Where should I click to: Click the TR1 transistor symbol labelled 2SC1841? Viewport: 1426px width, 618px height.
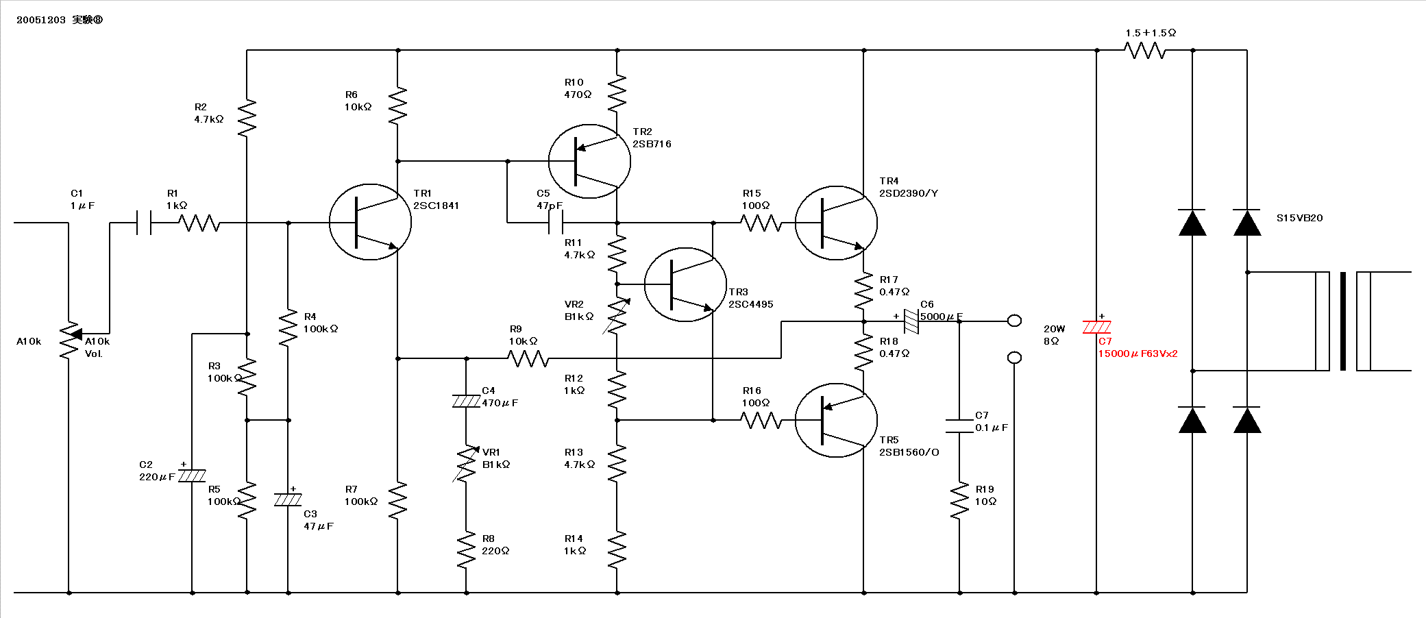click(x=370, y=222)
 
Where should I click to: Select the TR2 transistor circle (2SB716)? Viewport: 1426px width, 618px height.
click(x=589, y=161)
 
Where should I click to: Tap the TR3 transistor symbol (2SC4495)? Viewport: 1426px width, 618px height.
click(x=685, y=284)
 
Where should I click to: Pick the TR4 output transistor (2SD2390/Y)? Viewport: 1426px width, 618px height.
click(x=836, y=223)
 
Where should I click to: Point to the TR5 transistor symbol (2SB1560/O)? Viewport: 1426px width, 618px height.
click(x=836, y=420)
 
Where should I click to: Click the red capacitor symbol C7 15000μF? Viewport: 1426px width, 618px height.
click(x=1096, y=327)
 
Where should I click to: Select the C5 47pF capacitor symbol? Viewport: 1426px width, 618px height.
click(x=556, y=223)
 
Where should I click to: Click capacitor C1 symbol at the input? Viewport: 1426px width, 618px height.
click(x=144, y=223)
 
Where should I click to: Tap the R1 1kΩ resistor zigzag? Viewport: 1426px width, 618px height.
click(x=199, y=223)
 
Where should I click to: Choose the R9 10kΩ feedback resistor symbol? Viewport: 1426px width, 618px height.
click(x=528, y=358)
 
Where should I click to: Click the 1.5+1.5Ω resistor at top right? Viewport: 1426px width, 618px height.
click(x=1144, y=50)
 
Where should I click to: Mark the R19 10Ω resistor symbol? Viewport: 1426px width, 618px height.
click(x=959, y=500)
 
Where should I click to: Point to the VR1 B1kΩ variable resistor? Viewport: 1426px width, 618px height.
click(x=466, y=464)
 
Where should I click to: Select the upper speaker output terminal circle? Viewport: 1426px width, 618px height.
click(x=1015, y=321)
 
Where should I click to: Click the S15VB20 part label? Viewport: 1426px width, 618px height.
click(x=1299, y=218)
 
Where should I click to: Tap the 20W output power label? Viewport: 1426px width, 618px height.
click(x=1054, y=329)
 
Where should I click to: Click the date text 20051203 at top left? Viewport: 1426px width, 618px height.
click(x=41, y=20)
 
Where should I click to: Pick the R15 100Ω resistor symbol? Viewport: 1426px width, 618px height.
click(x=761, y=223)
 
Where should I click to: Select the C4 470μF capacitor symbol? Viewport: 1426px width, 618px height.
click(x=466, y=401)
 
